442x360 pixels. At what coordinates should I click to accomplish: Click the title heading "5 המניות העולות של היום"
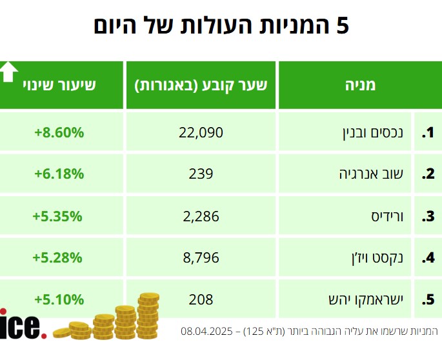[x=221, y=26]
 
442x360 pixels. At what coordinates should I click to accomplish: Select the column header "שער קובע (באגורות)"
[x=201, y=85]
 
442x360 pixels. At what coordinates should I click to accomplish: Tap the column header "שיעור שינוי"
[x=59, y=85]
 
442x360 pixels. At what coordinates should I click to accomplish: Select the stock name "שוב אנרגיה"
[x=376, y=174]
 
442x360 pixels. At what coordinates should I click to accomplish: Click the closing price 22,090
[x=201, y=133]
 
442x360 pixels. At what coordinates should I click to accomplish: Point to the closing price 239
[x=201, y=174]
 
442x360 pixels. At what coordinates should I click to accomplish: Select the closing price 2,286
[x=201, y=216]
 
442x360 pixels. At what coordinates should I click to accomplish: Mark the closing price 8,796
[x=201, y=257]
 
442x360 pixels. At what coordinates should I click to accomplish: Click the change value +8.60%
[x=59, y=133]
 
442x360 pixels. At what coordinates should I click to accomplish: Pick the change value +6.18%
[x=59, y=174]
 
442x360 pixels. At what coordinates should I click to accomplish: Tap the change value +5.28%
[x=59, y=257]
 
